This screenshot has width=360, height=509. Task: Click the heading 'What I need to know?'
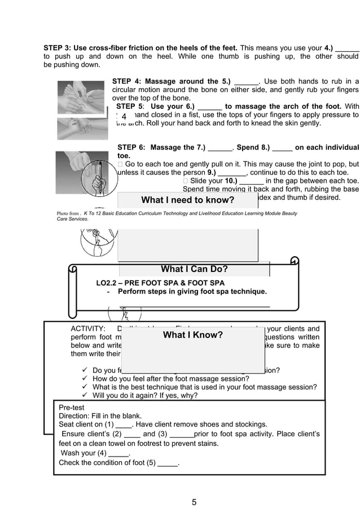(187, 200)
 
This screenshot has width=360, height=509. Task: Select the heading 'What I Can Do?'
(194, 269)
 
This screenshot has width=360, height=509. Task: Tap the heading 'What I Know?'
(192, 335)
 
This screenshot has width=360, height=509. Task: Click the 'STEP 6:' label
(131, 147)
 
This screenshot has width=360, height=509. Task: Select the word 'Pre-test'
(72, 406)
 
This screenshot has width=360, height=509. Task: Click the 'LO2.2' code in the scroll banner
(108, 283)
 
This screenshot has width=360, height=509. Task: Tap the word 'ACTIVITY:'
(87, 329)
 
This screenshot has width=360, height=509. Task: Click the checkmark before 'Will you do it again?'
(85, 396)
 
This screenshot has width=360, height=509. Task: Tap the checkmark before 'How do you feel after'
(85, 379)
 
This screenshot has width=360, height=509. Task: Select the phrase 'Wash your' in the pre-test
(77, 453)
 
